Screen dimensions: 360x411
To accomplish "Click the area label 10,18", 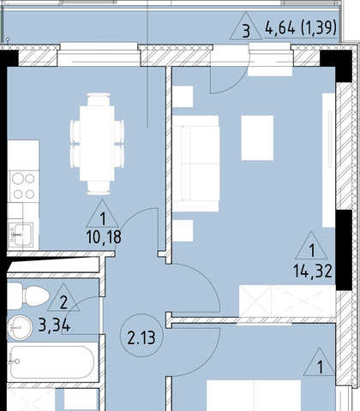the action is tap(104, 237).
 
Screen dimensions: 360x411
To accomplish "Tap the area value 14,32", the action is tap(313, 271).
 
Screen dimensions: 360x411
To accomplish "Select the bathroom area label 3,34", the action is tap(54, 325).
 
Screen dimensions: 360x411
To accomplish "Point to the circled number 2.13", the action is tap(141, 336).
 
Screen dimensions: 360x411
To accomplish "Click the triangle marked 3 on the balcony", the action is tap(246, 27).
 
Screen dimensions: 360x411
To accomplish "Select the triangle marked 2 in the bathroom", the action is tap(63, 299).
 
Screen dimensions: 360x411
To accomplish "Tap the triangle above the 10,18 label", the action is tap(102, 215).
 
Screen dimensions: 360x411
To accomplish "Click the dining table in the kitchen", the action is tap(97, 143).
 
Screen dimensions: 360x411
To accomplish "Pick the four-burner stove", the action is tap(24, 187).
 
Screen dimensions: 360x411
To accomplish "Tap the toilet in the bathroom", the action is tap(28, 295).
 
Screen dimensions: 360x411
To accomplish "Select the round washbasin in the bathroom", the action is tap(20, 328).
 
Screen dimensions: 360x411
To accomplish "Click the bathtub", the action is tap(52, 362).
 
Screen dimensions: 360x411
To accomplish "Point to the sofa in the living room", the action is tap(196, 164).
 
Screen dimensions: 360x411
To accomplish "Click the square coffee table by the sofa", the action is tap(257, 138).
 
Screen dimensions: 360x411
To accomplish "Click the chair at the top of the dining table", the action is tap(99, 99).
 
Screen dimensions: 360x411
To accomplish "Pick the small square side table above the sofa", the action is tap(183, 97).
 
